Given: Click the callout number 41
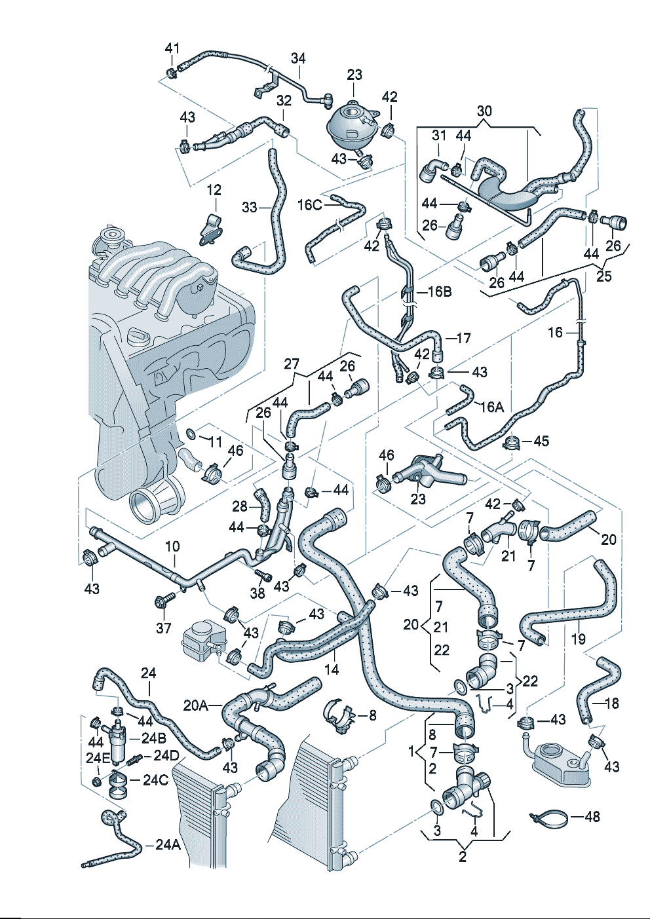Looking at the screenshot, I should point(172,48).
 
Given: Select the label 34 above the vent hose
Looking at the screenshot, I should point(298,58).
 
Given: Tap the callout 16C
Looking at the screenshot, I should point(309,205).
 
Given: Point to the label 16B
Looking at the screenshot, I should point(440,291).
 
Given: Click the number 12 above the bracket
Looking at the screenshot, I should point(214,191).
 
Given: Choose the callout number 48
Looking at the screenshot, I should point(592,817).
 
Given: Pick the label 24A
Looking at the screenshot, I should point(168,845).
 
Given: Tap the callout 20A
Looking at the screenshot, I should point(195,705).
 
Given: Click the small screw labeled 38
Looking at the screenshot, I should point(264,576).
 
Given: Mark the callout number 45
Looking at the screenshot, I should point(541,441).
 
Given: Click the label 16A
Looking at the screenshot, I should point(491,407).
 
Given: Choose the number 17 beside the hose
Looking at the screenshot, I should point(463,338).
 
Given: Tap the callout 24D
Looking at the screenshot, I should point(166,755).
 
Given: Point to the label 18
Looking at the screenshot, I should point(611,703).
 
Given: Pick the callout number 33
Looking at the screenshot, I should point(250,207).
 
